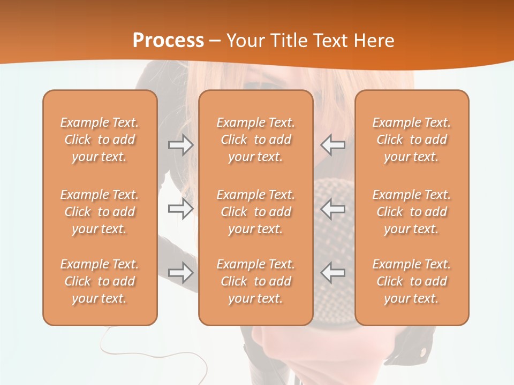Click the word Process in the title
tap(168, 41)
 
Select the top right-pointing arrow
tap(181, 145)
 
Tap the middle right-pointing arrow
tap(181, 209)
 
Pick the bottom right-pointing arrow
tap(181, 273)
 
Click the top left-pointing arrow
tap(332, 145)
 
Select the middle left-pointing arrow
tap(332, 209)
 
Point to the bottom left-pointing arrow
tap(332, 273)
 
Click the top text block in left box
tap(100, 140)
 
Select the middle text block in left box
tap(100, 212)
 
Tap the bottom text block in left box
tap(100, 281)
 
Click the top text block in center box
tap(255, 140)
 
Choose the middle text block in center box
tap(255, 212)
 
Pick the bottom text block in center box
tap(255, 281)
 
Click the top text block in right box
tap(411, 140)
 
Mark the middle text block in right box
tap(411, 212)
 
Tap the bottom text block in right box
tap(411, 281)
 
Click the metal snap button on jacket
tap(424, 352)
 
